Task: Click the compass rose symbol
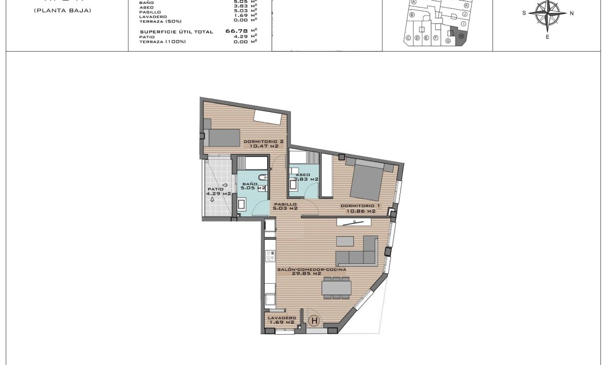click(x=547, y=13)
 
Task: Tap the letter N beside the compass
click(x=572, y=13)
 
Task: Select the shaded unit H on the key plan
click(x=461, y=36)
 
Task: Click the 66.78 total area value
click(x=236, y=32)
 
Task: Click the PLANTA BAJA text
click(x=62, y=10)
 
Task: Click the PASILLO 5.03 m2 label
click(x=285, y=206)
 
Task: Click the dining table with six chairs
click(x=336, y=287)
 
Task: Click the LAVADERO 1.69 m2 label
click(x=282, y=320)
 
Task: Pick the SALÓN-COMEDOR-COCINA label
click(x=311, y=271)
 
